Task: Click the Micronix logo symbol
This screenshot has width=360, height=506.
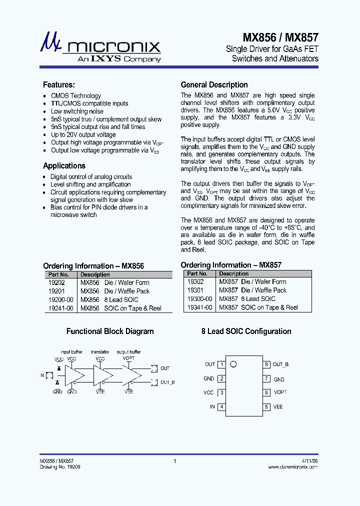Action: coord(50,43)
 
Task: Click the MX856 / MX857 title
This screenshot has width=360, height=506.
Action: coord(280,37)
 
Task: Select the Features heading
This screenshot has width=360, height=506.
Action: coord(59,85)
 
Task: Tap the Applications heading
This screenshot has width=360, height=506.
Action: coord(64,166)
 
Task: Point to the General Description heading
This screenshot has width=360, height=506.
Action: coord(214,85)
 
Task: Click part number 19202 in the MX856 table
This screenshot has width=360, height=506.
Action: coord(56,283)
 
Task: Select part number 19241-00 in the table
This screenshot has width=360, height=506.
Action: coord(61,308)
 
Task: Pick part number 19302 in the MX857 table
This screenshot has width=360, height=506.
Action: coord(195,282)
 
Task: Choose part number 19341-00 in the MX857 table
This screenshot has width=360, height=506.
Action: coord(200,307)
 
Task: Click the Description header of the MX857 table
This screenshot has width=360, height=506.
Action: coord(233,274)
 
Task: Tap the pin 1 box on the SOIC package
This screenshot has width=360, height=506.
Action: coord(221,364)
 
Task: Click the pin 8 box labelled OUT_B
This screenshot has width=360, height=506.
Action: coord(267,364)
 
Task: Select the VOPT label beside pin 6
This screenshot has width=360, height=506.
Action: coord(280,393)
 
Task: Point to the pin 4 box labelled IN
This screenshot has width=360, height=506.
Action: coord(221,407)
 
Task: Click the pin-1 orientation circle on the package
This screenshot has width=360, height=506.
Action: coord(232,364)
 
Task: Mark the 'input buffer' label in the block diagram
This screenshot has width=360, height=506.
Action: coord(71,352)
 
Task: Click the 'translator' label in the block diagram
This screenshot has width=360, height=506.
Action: coord(100,352)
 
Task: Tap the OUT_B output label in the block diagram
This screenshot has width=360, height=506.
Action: coord(167,382)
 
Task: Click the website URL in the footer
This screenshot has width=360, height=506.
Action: coord(293,466)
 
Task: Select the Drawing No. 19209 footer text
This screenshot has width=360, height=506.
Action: coord(60,466)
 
